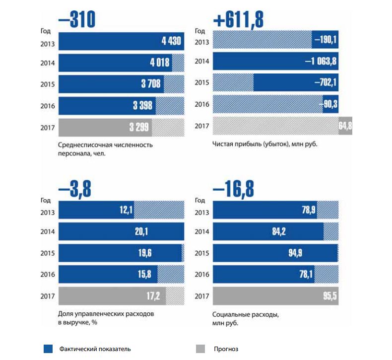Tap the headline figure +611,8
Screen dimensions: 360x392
(238, 20)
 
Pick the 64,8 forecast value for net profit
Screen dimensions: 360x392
(345, 127)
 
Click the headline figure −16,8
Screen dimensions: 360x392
(233, 190)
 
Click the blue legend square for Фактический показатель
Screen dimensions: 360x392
(48, 349)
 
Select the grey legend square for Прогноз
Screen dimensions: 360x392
(201, 349)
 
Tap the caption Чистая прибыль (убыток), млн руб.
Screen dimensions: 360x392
(264, 144)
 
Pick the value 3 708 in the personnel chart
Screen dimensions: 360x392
(150, 84)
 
